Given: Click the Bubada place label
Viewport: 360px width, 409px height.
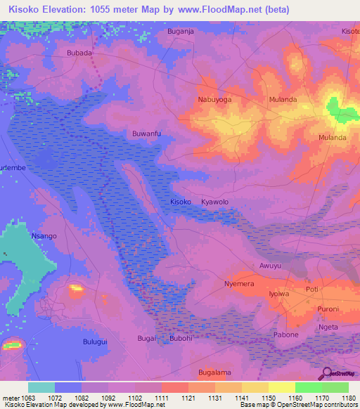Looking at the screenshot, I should [79, 53].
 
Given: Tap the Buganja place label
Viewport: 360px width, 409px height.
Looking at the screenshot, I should [180, 32].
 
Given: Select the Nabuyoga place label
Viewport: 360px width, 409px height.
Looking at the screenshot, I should [214, 100].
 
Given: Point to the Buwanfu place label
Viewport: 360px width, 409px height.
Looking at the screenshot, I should [147, 133].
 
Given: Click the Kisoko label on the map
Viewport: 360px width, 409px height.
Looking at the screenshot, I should [181, 202].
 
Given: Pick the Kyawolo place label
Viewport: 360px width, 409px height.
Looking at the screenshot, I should [215, 202].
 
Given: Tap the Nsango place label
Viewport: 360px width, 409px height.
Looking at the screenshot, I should [44, 237].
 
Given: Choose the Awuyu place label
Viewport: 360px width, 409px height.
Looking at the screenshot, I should [270, 266].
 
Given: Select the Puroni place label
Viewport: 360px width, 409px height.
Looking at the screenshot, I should [328, 309].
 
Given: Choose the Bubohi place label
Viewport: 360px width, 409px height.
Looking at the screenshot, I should [181, 339].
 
